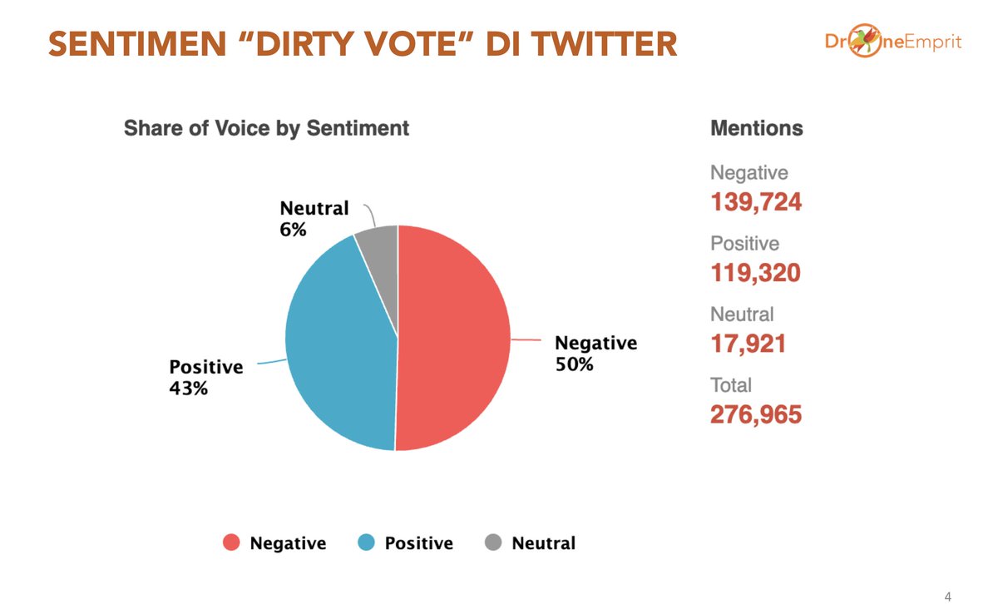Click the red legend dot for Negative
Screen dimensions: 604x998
pos(232,543)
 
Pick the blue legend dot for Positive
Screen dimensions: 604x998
pos(366,543)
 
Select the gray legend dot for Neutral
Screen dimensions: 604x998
pos(493,543)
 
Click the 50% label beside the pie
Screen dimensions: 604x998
pos(574,364)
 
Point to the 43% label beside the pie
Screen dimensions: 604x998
pos(189,388)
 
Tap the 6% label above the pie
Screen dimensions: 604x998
pos(293,230)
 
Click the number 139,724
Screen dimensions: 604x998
pos(755,201)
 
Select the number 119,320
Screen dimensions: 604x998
pos(755,272)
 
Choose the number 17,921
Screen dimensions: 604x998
pos(748,343)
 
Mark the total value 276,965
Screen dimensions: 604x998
pos(755,414)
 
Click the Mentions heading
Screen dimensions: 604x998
pos(756,128)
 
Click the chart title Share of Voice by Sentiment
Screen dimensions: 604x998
pos(266,128)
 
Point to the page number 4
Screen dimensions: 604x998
pos(948,596)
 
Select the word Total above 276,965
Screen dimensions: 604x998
pos(730,385)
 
